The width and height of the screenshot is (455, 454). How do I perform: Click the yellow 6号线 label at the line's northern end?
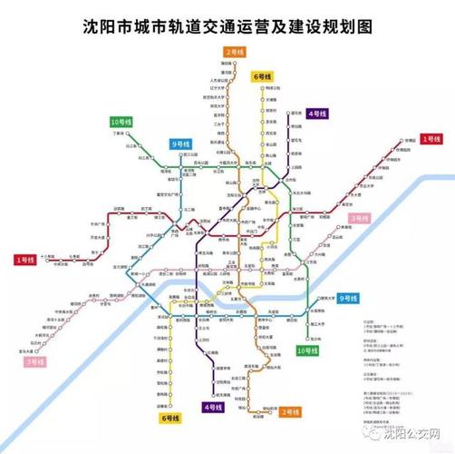click(x=264, y=76)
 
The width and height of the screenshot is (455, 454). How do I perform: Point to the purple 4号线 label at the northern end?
click(x=317, y=113)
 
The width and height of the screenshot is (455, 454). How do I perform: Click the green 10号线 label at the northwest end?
click(x=121, y=122)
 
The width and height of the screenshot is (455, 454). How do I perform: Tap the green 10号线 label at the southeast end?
click(x=308, y=350)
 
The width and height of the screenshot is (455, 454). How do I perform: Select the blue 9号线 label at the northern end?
click(x=181, y=143)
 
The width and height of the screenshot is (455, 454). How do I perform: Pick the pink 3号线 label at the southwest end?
click(x=35, y=361)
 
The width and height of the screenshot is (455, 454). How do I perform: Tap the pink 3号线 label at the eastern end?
click(x=362, y=218)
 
